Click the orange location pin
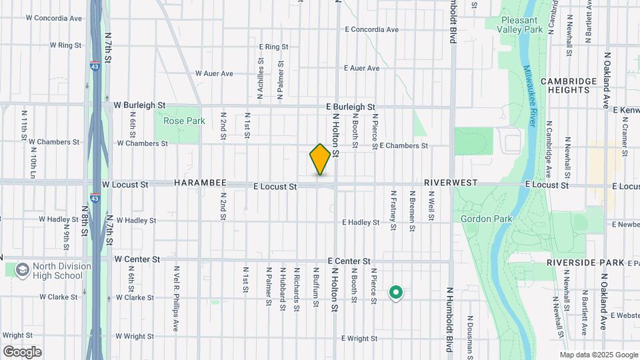click(x=320, y=159)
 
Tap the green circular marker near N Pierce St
click(x=396, y=293)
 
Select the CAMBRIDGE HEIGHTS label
click(x=569, y=86)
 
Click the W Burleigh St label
click(x=139, y=105)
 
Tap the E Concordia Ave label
click(x=371, y=29)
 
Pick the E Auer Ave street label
click(x=361, y=68)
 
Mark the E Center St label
click(x=349, y=261)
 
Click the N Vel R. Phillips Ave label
click(x=177, y=290)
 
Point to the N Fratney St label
click(x=393, y=209)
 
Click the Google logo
click(x=22, y=351)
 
